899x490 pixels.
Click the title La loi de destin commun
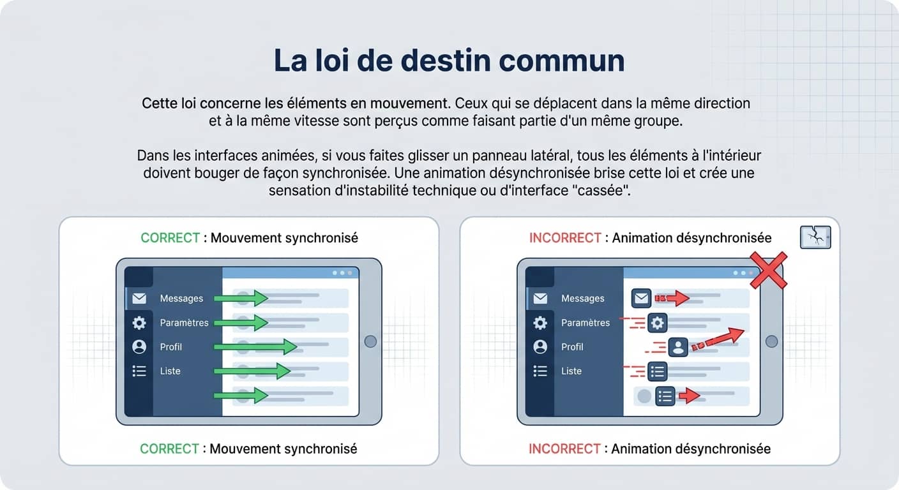click(449, 61)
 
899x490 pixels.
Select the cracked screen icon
click(815, 237)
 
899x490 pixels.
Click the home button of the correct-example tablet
click(370, 341)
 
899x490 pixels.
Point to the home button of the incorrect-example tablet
click(771, 341)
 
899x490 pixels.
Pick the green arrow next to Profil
click(255, 346)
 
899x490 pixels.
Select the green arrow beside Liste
click(252, 371)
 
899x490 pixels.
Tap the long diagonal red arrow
click(719, 339)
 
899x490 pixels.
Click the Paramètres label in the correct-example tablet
click(184, 323)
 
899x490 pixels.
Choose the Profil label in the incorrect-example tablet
click(572, 347)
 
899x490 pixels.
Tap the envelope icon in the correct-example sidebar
click(139, 298)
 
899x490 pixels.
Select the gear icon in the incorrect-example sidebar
click(540, 323)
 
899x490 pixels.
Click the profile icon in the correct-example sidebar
click(139, 346)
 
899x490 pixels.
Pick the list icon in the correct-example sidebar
click(139, 371)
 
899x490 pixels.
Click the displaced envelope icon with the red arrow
click(641, 298)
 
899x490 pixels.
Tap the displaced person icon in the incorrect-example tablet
click(677, 347)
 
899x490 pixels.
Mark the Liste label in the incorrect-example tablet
click(571, 371)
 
